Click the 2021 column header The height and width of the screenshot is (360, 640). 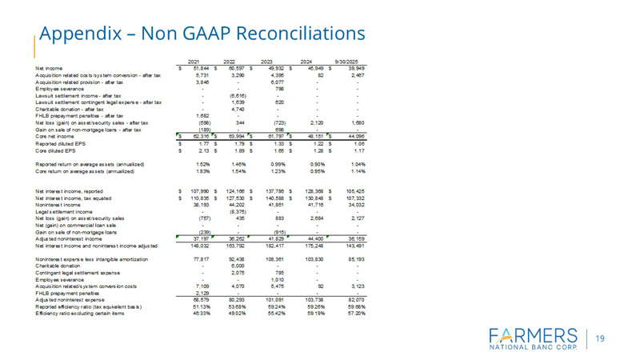193,62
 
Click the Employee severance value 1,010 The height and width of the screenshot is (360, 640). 276,282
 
